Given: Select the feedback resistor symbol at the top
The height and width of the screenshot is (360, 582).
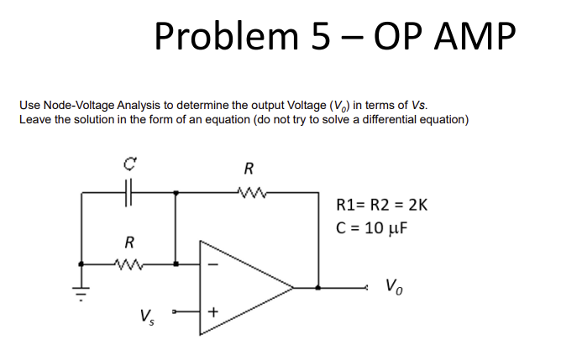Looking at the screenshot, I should [249, 192].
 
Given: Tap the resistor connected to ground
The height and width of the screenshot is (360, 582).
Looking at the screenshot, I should [128, 263].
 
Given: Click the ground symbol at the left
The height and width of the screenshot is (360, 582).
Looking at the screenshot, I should [81, 290].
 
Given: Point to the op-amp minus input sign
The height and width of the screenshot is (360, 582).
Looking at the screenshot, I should [212, 264].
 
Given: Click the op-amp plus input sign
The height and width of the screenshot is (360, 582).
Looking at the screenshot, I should [212, 312].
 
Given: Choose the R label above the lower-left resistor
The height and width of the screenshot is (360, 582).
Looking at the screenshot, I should [128, 243].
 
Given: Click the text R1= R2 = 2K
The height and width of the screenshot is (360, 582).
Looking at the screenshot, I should [381, 204].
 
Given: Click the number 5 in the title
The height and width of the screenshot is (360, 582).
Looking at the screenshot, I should [321, 37].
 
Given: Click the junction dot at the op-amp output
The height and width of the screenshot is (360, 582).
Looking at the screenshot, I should [317, 287].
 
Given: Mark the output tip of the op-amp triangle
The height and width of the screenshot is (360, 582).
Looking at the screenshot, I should [293, 287].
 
